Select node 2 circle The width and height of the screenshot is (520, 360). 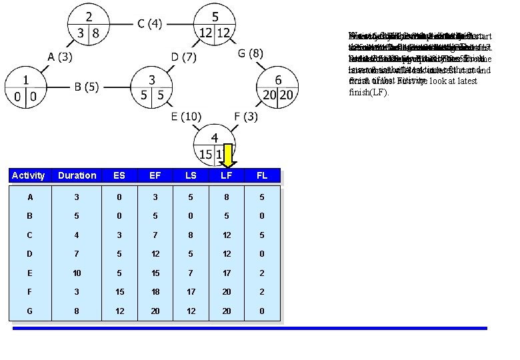pos(89,24)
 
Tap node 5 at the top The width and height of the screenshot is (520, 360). pos(215,24)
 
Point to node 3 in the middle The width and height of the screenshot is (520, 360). pos(152,87)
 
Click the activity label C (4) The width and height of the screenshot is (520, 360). pos(149,24)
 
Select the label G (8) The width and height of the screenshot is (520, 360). pos(250,53)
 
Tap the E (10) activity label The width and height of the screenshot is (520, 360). pos(186,117)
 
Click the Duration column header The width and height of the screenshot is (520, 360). pos(77,175)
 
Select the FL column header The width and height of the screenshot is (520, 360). pos(262,175)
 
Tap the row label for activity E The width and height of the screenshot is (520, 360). pos(29,273)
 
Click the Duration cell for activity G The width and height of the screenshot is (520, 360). pos(77,311)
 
